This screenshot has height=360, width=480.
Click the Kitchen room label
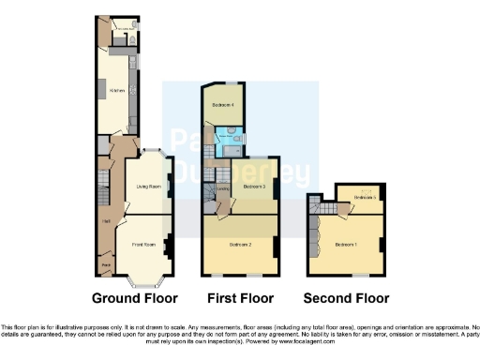coord(117,91)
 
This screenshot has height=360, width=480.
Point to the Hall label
coord(106,222)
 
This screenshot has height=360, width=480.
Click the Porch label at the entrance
coord(107,267)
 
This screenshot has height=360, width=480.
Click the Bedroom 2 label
coord(241,246)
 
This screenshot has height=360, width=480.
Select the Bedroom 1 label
coord(346,246)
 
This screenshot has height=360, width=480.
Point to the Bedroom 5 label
coord(366,198)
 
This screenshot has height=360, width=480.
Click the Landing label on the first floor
coord(223,188)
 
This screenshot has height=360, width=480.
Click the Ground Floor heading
coord(136,299)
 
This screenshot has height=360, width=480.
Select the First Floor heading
coord(240,299)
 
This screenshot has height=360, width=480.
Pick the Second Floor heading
coord(346,299)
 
